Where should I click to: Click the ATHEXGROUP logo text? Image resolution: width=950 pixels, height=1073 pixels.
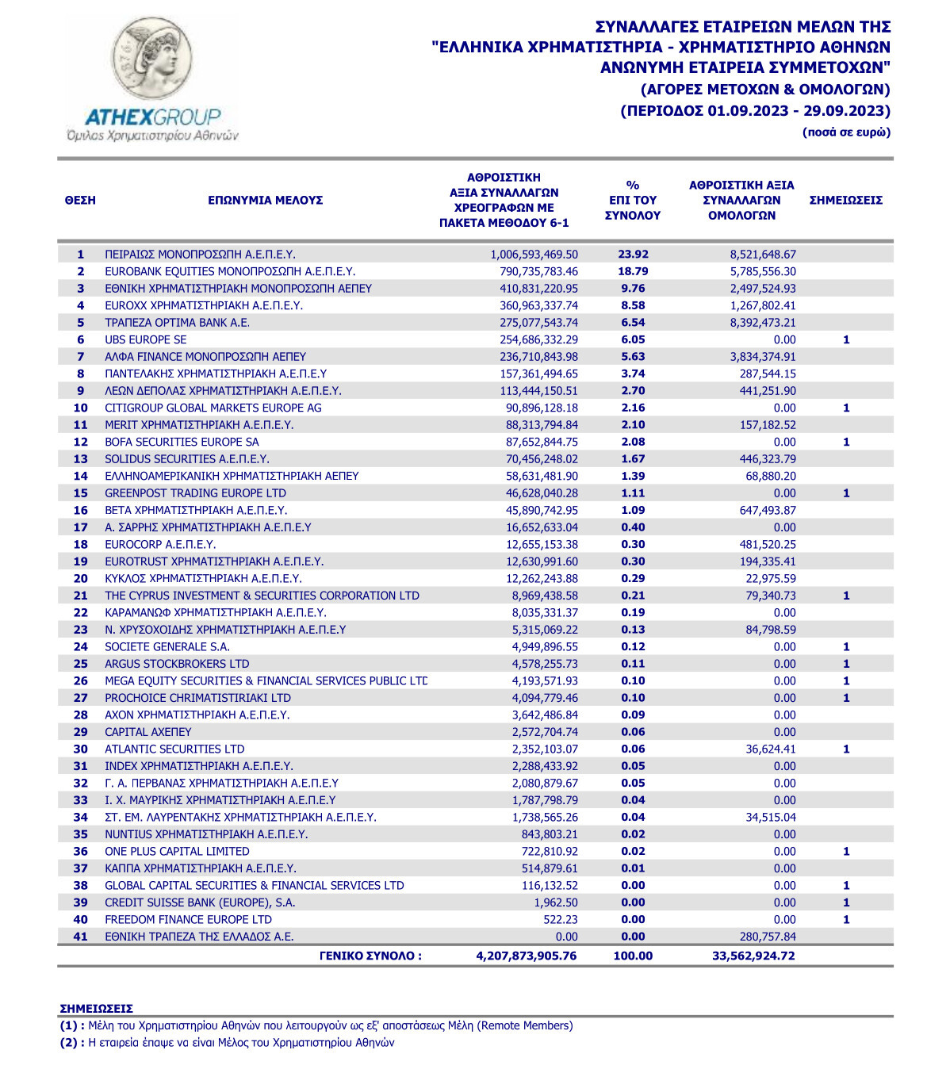[x=152, y=117]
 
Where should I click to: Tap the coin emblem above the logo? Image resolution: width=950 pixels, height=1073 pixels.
[x=151, y=59]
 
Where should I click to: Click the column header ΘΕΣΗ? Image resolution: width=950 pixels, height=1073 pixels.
[x=80, y=200]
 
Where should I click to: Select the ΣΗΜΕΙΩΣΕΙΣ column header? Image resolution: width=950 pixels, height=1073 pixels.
[x=845, y=200]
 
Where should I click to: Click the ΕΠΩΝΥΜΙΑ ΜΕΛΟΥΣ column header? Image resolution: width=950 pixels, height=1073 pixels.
[x=265, y=200]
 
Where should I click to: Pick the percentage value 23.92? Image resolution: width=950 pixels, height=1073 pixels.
[x=633, y=255]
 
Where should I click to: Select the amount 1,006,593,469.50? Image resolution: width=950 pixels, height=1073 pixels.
[x=534, y=255]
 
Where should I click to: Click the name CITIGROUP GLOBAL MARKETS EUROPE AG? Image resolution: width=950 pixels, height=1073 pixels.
[x=213, y=408]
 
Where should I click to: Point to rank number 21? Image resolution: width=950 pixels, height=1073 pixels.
[x=80, y=596]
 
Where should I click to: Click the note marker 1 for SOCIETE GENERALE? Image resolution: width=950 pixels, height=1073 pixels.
[x=846, y=647]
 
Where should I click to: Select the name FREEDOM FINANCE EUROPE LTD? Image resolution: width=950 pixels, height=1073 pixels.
[x=188, y=920]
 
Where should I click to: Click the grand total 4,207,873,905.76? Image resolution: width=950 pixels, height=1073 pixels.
[x=526, y=956]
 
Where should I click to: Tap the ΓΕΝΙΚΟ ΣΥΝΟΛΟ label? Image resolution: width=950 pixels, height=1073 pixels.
[x=370, y=956]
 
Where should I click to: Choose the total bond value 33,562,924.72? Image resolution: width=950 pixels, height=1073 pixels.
[x=753, y=956]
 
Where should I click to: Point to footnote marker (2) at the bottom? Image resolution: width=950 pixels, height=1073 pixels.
[x=71, y=1043]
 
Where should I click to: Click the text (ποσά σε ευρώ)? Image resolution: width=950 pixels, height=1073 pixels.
[x=846, y=132]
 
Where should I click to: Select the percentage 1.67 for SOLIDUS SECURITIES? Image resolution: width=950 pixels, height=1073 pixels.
[x=633, y=459]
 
